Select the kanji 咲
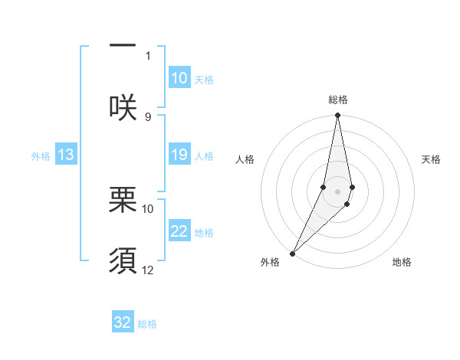123,106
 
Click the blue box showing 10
179,78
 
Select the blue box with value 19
179,155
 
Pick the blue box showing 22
179,231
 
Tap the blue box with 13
66,155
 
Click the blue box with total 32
123,322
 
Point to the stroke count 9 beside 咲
148,116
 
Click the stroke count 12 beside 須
148,270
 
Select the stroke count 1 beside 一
148,55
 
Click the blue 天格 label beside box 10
203,79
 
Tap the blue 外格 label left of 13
41,155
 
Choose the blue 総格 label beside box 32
147,323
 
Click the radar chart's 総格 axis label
338,100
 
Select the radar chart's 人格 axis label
245,159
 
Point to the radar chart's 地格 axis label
402,262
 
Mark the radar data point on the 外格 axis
293,253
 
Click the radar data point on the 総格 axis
338,116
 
